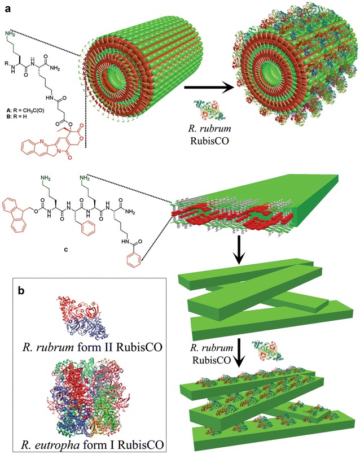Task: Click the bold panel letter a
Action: (7, 7)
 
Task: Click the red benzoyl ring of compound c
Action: (146, 263)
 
